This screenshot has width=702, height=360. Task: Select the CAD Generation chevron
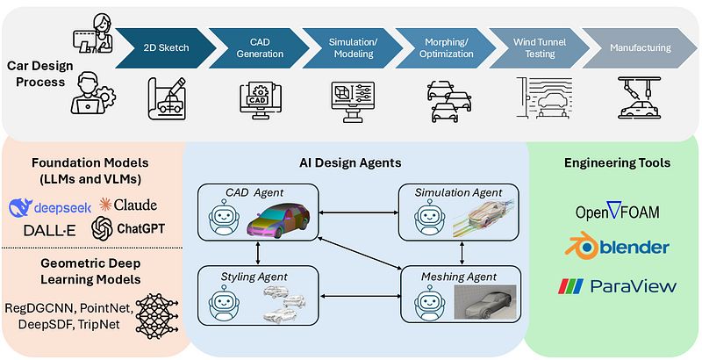click(x=260, y=47)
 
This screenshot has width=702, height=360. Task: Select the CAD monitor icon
click(x=260, y=97)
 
